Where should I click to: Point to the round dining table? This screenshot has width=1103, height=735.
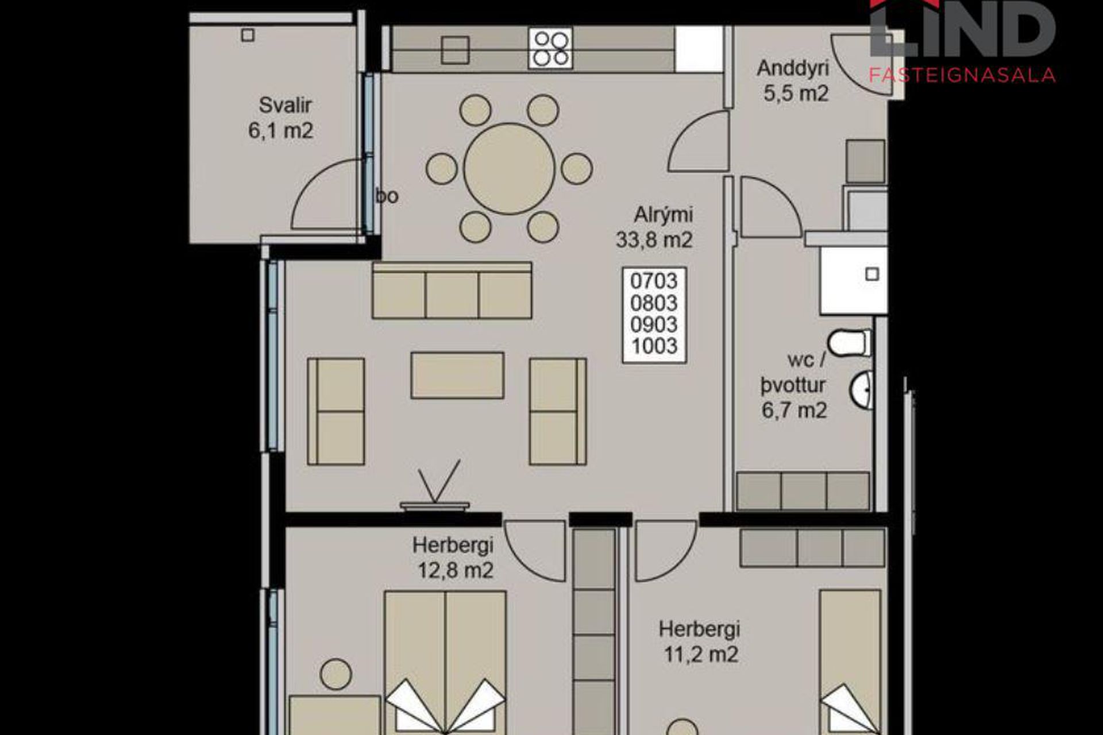pyautogui.click(x=509, y=169)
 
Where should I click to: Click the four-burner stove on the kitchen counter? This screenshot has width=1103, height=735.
pyautogui.click(x=550, y=48)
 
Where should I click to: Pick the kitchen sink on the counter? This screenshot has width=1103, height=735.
pyautogui.click(x=455, y=50)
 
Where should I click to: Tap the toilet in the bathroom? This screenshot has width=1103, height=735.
pyautogui.click(x=850, y=343)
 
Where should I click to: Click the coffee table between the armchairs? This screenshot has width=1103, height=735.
pyautogui.click(x=457, y=376)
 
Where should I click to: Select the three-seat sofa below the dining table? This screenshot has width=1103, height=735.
pyautogui.click(x=452, y=291)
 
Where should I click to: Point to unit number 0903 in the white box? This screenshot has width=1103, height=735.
pyautogui.click(x=654, y=324)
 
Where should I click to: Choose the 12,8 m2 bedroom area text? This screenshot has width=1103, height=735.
pyautogui.click(x=455, y=571)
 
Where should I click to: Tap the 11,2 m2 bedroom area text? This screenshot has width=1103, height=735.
pyautogui.click(x=701, y=655)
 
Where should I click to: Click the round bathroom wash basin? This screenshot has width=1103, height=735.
pyautogui.click(x=862, y=390)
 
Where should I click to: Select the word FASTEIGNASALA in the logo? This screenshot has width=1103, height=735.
pyautogui.click(x=962, y=75)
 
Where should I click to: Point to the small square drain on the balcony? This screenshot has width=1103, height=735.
pyautogui.click(x=248, y=35)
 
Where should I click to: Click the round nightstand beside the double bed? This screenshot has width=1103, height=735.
pyautogui.click(x=336, y=674)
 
